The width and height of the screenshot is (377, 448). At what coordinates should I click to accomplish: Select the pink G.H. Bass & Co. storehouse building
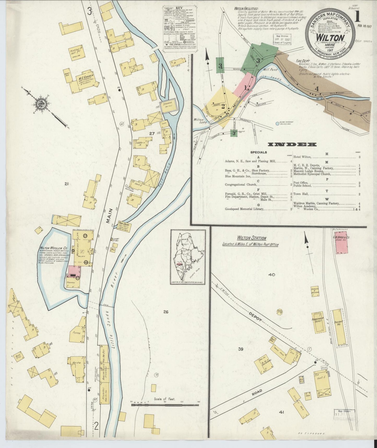(x=341, y=242)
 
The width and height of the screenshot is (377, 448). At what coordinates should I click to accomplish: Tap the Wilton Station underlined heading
(x=252, y=238)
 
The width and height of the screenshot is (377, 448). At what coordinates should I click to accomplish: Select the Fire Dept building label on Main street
(x=124, y=225)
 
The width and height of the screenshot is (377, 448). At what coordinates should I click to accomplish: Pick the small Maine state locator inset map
(x=188, y=257)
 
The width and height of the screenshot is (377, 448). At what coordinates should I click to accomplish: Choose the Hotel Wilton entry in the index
(x=303, y=157)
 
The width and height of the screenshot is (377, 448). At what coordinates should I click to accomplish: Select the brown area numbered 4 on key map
(x=317, y=89)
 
